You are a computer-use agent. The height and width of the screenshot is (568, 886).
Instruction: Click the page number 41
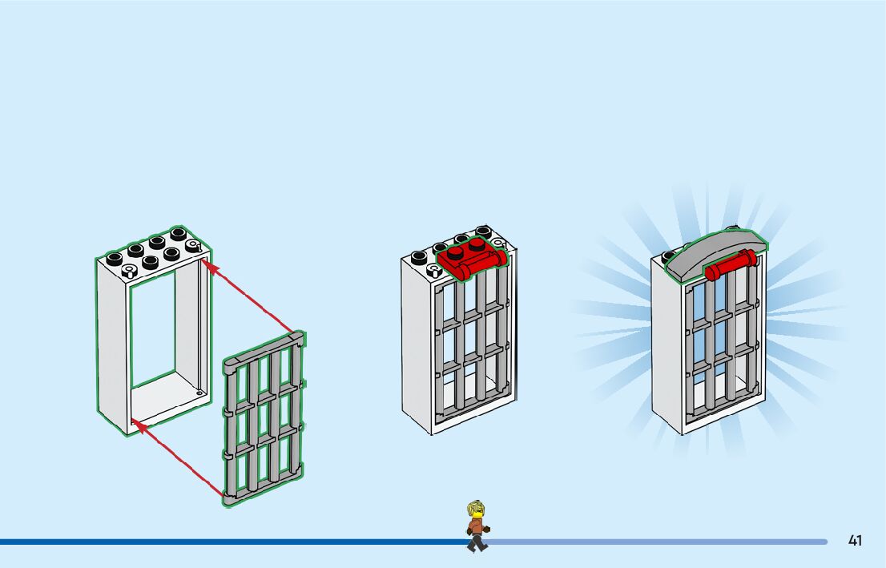pyautogui.click(x=855, y=541)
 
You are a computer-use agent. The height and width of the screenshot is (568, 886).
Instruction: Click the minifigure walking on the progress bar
pyautogui.click(x=477, y=526)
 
